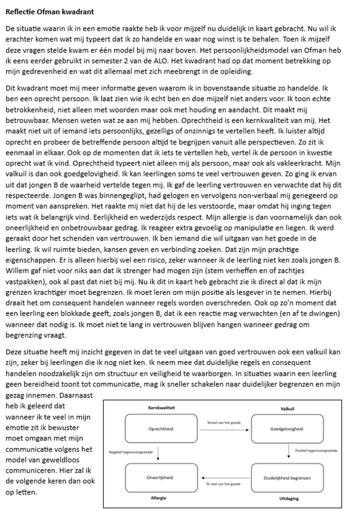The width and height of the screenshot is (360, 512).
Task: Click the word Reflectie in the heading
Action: [20, 12]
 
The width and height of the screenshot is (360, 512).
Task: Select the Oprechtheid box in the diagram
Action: [161, 429]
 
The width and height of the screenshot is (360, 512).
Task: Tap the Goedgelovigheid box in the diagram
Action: [287, 429]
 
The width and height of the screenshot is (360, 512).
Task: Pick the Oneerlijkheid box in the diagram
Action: [160, 478]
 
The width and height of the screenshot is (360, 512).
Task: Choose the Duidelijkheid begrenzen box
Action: [287, 478]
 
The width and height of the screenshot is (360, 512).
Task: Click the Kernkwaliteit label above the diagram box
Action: [161, 408]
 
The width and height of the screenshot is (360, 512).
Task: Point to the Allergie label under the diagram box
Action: [158, 498]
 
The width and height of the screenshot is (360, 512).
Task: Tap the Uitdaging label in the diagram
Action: [289, 498]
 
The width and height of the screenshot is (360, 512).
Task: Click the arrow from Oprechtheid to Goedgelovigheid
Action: [224, 430]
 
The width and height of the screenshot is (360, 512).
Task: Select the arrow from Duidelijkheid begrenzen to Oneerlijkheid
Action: [224, 478]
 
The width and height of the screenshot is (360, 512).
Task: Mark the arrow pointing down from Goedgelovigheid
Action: [289, 452]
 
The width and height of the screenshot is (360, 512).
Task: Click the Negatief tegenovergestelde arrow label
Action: [131, 452]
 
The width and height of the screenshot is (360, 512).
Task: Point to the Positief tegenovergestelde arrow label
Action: [316, 451]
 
